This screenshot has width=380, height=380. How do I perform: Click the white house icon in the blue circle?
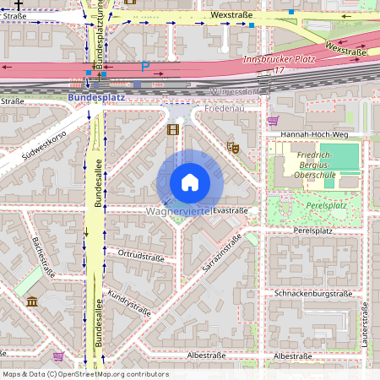point(190,182)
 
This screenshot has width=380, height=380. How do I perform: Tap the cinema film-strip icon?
point(173,129)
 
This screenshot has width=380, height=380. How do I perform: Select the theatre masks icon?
point(234,147)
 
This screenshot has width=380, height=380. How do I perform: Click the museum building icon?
point(32,301)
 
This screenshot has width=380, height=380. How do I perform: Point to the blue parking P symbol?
point(145,67)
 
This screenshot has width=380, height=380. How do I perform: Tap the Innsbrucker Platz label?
point(278,60)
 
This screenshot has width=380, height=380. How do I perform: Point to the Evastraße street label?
point(231,210)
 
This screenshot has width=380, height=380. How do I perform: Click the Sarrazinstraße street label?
point(221,252)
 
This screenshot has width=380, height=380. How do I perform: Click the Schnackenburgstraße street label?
point(312,293)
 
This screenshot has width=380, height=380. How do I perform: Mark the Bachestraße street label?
point(42,259)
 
